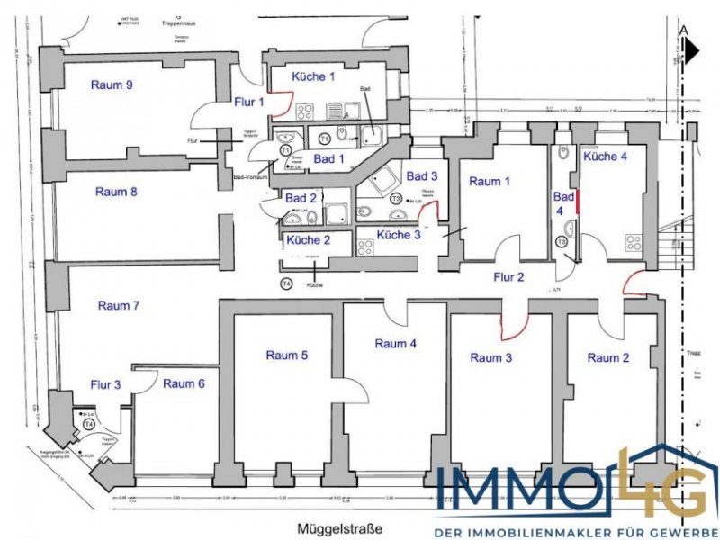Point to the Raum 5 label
287,355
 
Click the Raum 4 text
395,343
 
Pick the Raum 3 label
491,357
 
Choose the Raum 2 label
608,357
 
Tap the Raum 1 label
490,181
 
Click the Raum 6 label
184,383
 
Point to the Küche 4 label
606,157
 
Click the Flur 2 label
507,276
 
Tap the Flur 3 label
104,385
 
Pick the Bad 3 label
422,175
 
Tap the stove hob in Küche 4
634,244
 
